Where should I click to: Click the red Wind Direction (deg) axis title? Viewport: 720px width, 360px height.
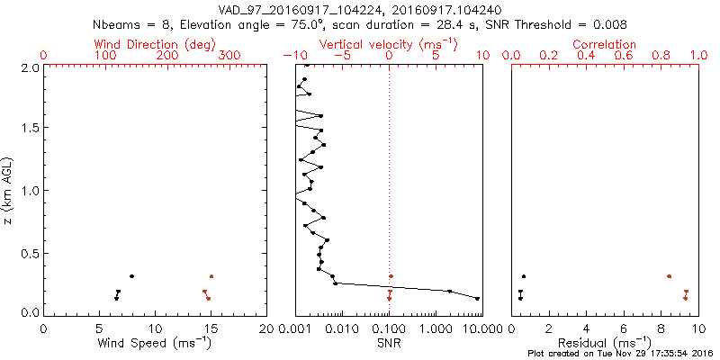[154, 44]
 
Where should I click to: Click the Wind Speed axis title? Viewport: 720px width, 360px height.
[156, 342]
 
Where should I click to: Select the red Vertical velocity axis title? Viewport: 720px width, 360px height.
[388, 44]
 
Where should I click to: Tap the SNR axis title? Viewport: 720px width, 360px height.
[389, 342]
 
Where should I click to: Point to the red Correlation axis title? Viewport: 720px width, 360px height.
[605, 44]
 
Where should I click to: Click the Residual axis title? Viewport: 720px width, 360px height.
[605, 342]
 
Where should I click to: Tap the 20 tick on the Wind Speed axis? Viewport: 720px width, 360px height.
[266, 328]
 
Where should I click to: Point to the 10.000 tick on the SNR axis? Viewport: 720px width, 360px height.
[468, 328]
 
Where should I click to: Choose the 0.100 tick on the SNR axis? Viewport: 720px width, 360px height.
[389, 328]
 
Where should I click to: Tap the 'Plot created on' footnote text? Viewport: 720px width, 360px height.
[620, 353]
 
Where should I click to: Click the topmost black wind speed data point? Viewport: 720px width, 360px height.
[131, 276]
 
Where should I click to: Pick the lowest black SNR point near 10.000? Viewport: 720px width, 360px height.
[477, 298]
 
